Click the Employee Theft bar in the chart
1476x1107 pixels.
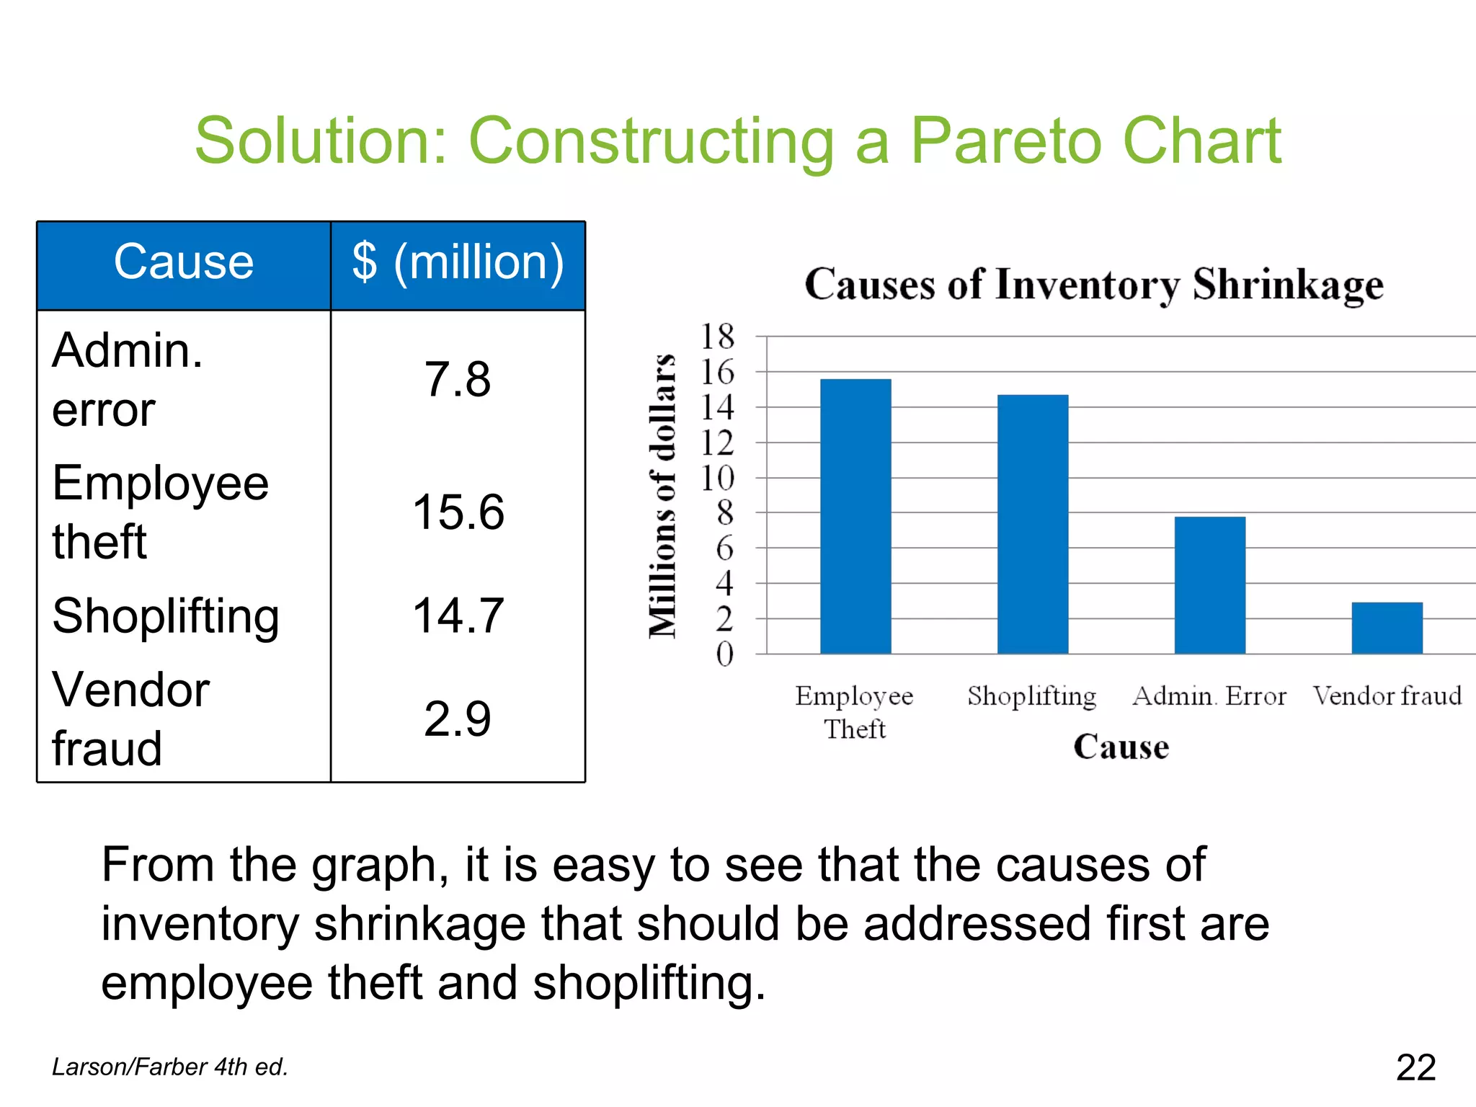pyautogui.click(x=855, y=516)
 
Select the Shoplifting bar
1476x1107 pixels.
pyautogui.click(x=1033, y=524)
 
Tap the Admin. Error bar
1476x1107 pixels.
pyautogui.click(x=1209, y=585)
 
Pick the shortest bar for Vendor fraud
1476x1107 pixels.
pyautogui.click(x=1387, y=628)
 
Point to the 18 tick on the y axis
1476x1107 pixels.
pyautogui.click(x=718, y=337)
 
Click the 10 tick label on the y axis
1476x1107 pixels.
pyautogui.click(x=718, y=478)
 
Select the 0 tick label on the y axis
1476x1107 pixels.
pyautogui.click(x=724, y=654)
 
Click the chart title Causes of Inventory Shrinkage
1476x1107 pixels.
pyautogui.click(x=1093, y=284)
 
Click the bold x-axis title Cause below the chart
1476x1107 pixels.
pyautogui.click(x=1121, y=747)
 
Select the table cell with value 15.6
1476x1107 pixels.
pyautogui.click(x=458, y=512)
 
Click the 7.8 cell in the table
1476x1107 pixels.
pyautogui.click(x=458, y=380)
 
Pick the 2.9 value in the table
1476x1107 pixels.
pyautogui.click(x=458, y=719)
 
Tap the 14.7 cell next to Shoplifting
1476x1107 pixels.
pyautogui.click(x=458, y=616)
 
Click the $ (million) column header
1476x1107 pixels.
pyautogui.click(x=458, y=262)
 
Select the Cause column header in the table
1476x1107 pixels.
pyautogui.click(x=184, y=262)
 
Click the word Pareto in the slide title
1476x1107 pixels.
pyautogui.click(x=1006, y=141)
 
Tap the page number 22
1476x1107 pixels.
pyautogui.click(x=1415, y=1067)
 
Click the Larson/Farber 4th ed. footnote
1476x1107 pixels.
pyautogui.click(x=170, y=1067)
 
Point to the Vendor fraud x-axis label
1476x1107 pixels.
pyautogui.click(x=1387, y=696)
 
